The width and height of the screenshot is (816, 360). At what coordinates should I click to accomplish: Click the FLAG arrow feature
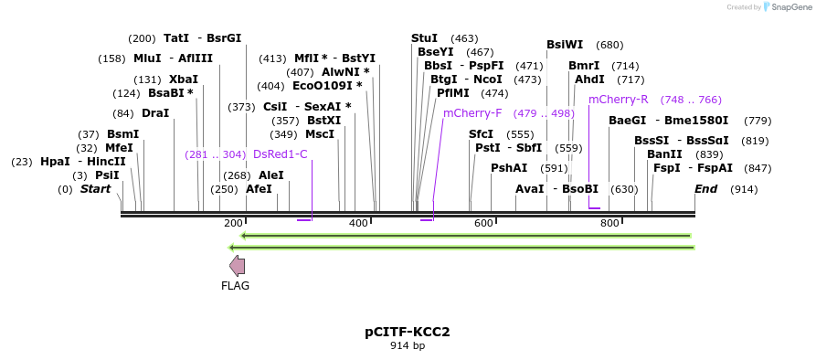point(237,266)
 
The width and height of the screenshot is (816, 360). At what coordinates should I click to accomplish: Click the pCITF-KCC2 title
point(408,331)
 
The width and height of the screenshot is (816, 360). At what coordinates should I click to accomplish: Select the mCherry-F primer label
point(472,113)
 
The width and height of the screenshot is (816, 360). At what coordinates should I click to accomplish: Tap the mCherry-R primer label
point(618,99)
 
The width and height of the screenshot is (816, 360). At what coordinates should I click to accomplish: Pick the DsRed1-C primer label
point(280,154)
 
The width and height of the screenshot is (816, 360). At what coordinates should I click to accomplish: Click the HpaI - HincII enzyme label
point(83,162)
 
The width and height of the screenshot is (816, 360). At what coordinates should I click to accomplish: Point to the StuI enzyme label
point(424,38)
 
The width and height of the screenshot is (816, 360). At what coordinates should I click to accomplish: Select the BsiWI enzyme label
point(564,45)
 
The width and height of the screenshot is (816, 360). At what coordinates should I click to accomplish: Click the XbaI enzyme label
point(183,79)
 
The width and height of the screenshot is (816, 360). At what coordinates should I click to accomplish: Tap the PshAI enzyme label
point(509,168)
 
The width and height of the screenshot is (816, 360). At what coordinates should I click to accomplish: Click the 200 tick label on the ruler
point(233,224)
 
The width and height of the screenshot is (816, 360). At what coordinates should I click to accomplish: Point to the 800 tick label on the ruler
point(609,224)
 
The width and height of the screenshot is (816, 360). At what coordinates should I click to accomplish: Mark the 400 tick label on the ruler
point(358,224)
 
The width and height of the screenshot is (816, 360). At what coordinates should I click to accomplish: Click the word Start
point(95,189)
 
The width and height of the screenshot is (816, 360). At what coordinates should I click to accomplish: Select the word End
point(705,189)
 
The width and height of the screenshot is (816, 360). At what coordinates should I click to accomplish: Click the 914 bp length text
point(408,345)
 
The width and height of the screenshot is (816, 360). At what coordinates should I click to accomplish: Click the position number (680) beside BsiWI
point(609,45)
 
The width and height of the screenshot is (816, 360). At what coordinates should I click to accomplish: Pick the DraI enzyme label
point(155,113)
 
